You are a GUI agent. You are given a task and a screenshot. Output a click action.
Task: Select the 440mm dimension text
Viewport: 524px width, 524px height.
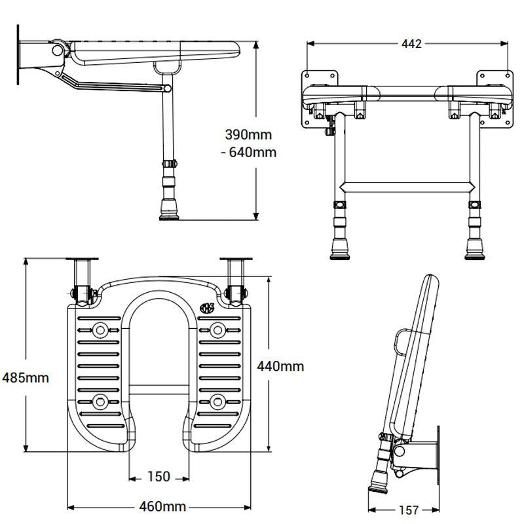[280, 366]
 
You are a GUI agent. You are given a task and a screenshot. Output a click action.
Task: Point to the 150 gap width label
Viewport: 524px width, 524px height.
[159, 476]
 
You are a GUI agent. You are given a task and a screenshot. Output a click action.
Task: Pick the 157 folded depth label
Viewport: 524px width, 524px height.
[408, 510]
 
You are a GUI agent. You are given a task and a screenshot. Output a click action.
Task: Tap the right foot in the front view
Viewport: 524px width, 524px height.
[476, 251]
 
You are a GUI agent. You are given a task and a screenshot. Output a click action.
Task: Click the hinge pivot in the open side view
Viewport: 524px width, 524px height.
[58, 49]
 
